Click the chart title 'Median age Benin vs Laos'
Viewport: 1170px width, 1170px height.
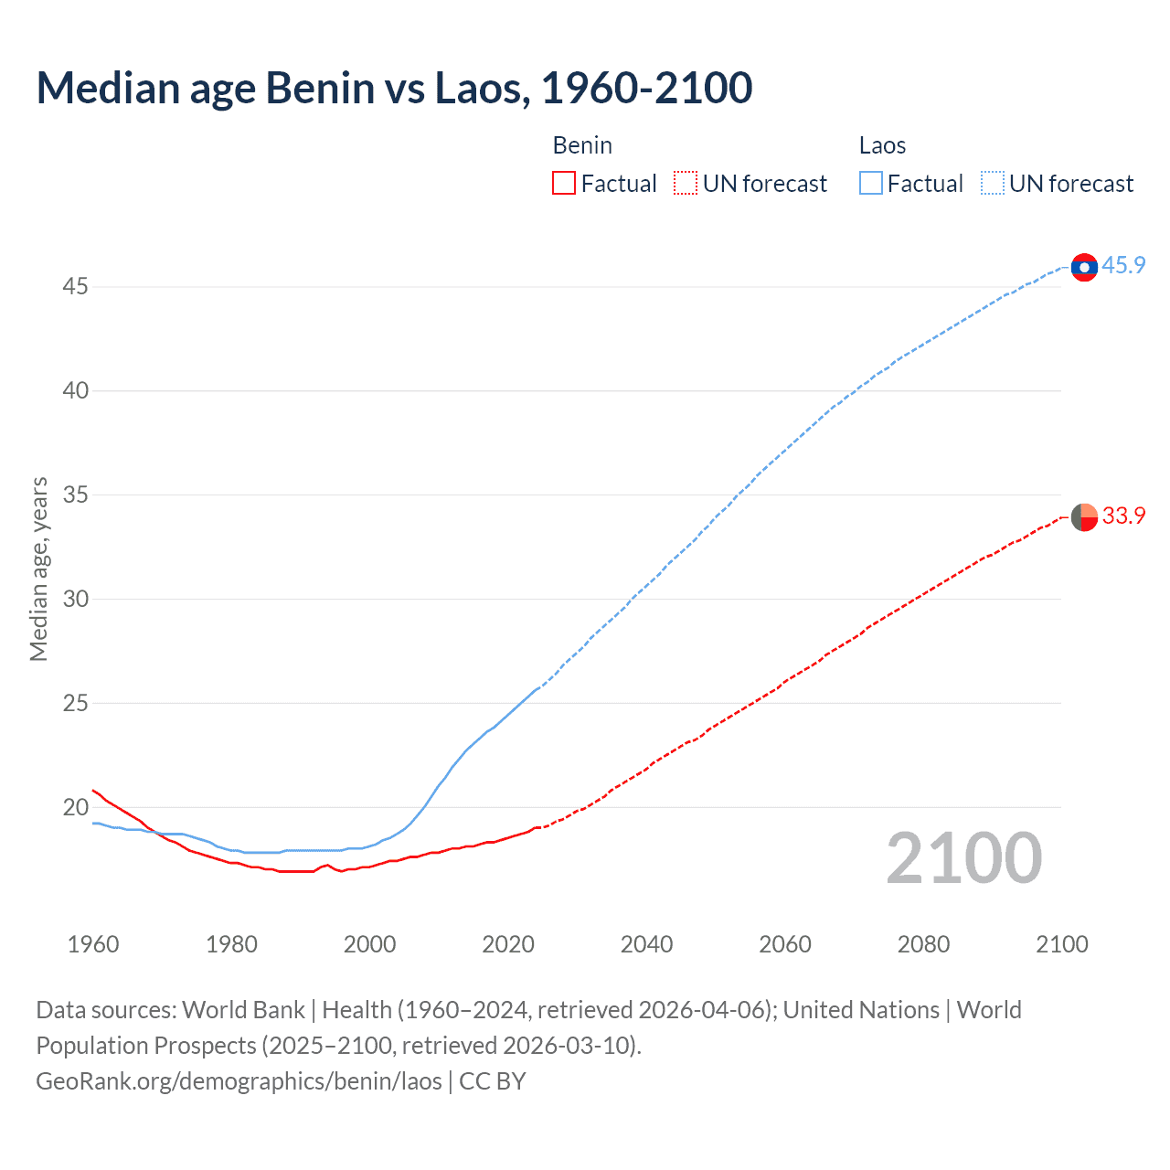[x=394, y=88]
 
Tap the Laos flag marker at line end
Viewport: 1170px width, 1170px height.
[x=1084, y=267]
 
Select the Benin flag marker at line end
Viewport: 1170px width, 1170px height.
[x=1084, y=516]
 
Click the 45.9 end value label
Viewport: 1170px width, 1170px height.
[x=1123, y=265]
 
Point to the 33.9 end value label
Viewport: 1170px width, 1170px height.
[x=1123, y=516]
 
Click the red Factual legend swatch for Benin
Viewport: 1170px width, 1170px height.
[x=564, y=184]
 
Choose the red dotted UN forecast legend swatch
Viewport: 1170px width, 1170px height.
[x=686, y=184]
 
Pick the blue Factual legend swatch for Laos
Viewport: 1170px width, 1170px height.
[x=870, y=184]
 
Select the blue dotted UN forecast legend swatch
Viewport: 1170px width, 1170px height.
[x=992, y=184]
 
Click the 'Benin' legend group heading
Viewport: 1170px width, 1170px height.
[x=582, y=145]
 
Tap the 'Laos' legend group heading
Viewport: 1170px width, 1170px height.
[x=882, y=145]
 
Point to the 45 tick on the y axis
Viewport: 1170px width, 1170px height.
[x=75, y=287]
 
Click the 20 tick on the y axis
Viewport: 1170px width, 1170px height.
[x=75, y=807]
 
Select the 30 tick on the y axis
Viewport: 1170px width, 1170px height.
[x=75, y=599]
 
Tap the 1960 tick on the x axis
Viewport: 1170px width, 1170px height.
[x=93, y=944]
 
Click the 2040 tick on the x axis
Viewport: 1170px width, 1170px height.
[x=646, y=944]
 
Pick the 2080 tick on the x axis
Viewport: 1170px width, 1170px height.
[x=923, y=944]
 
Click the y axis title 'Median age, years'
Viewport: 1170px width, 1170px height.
[x=38, y=569]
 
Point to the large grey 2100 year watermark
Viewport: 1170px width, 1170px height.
[x=963, y=857]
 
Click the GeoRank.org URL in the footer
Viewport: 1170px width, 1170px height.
[x=239, y=1081]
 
